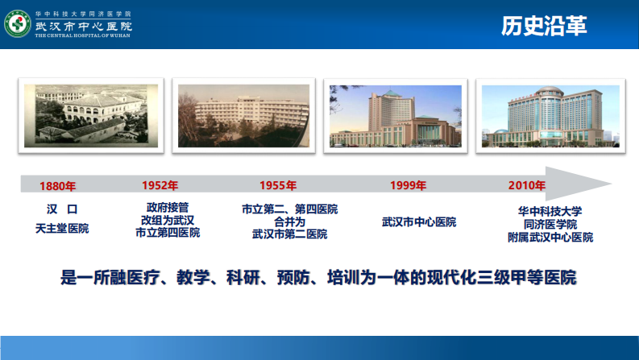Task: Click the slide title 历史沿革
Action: click(544, 27)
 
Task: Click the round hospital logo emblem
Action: click(18, 24)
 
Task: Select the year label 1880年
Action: click(58, 186)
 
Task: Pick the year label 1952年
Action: click(160, 185)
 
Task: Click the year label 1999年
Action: click(409, 185)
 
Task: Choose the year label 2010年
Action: click(527, 185)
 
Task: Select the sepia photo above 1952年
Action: click(239, 115)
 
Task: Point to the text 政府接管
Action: click(168, 207)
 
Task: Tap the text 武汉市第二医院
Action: click(289, 234)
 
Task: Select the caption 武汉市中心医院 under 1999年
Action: click(419, 221)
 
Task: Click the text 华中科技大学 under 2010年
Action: click(550, 211)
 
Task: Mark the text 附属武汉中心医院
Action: click(550, 238)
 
